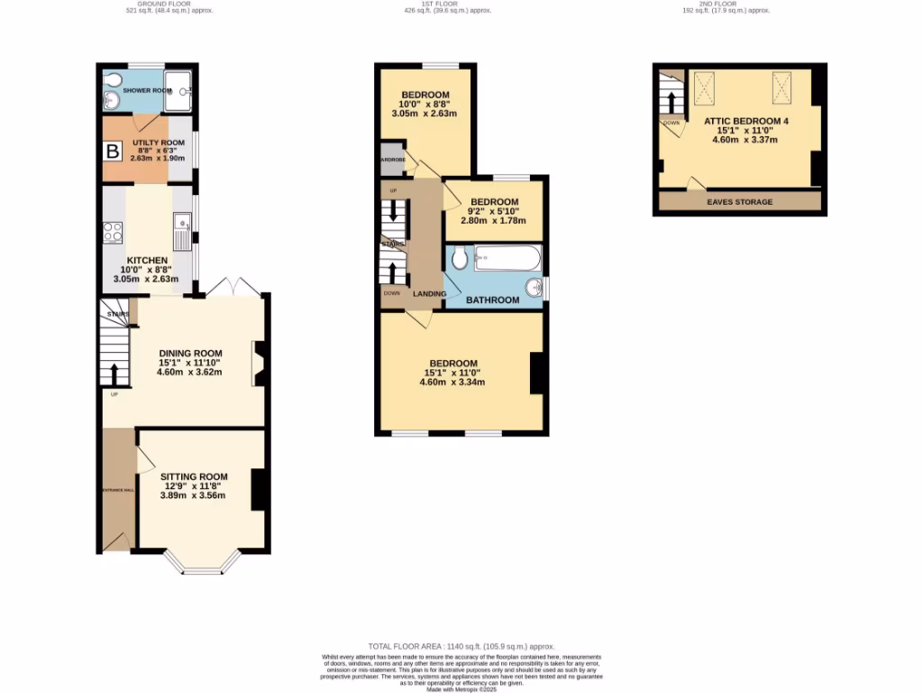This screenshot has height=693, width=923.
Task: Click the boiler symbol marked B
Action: pos(113,152)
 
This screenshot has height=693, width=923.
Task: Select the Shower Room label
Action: pos(147,91)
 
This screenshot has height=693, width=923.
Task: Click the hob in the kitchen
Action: pos(114,232)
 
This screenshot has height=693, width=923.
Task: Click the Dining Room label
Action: pos(190,354)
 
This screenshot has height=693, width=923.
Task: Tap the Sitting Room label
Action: pos(194,476)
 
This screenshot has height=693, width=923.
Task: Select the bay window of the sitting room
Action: pos(206,565)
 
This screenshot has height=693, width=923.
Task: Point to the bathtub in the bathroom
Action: pos(507,260)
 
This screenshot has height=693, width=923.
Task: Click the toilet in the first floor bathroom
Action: pos(459,260)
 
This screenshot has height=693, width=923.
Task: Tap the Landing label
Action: pos(429,293)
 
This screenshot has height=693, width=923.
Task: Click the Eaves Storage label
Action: pos(739,202)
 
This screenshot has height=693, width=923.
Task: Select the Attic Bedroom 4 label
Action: pos(738,117)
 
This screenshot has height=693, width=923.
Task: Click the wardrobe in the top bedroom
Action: pos(392,160)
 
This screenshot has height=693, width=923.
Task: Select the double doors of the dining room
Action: pos(233,287)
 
